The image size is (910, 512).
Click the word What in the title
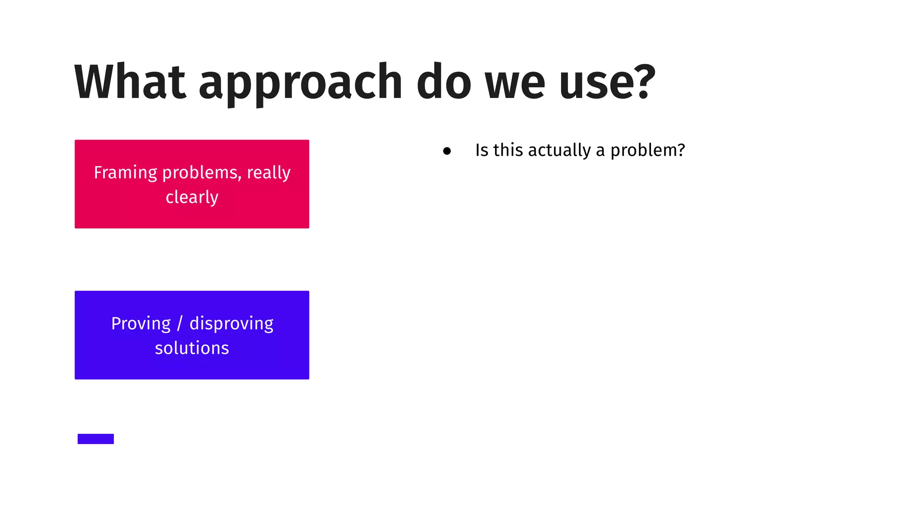[x=130, y=82]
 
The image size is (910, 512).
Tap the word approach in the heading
[x=300, y=84]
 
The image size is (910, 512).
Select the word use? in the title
[x=607, y=82]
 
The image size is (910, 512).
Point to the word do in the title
[x=443, y=82]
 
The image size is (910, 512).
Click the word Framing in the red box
[x=125, y=173]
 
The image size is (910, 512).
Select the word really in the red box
[x=268, y=173]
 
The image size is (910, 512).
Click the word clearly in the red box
[x=192, y=197]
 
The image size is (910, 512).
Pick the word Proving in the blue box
[x=141, y=324]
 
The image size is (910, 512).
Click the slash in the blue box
[x=180, y=324]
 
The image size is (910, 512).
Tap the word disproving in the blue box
[x=231, y=324]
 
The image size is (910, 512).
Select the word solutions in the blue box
[x=192, y=348]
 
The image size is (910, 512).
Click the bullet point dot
[x=447, y=151]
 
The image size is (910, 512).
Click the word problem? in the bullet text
[x=647, y=151]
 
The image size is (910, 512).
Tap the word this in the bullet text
[x=508, y=150]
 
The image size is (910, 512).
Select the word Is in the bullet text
[x=482, y=150]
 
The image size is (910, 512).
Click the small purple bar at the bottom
[x=96, y=439]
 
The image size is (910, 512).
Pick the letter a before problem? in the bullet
[x=600, y=151]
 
